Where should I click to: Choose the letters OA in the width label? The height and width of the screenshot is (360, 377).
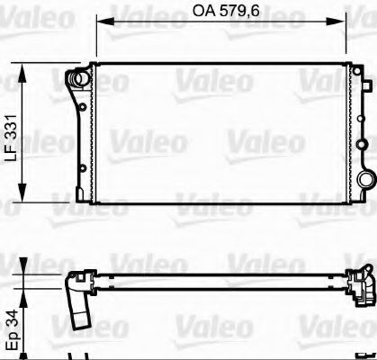pos(203,13)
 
